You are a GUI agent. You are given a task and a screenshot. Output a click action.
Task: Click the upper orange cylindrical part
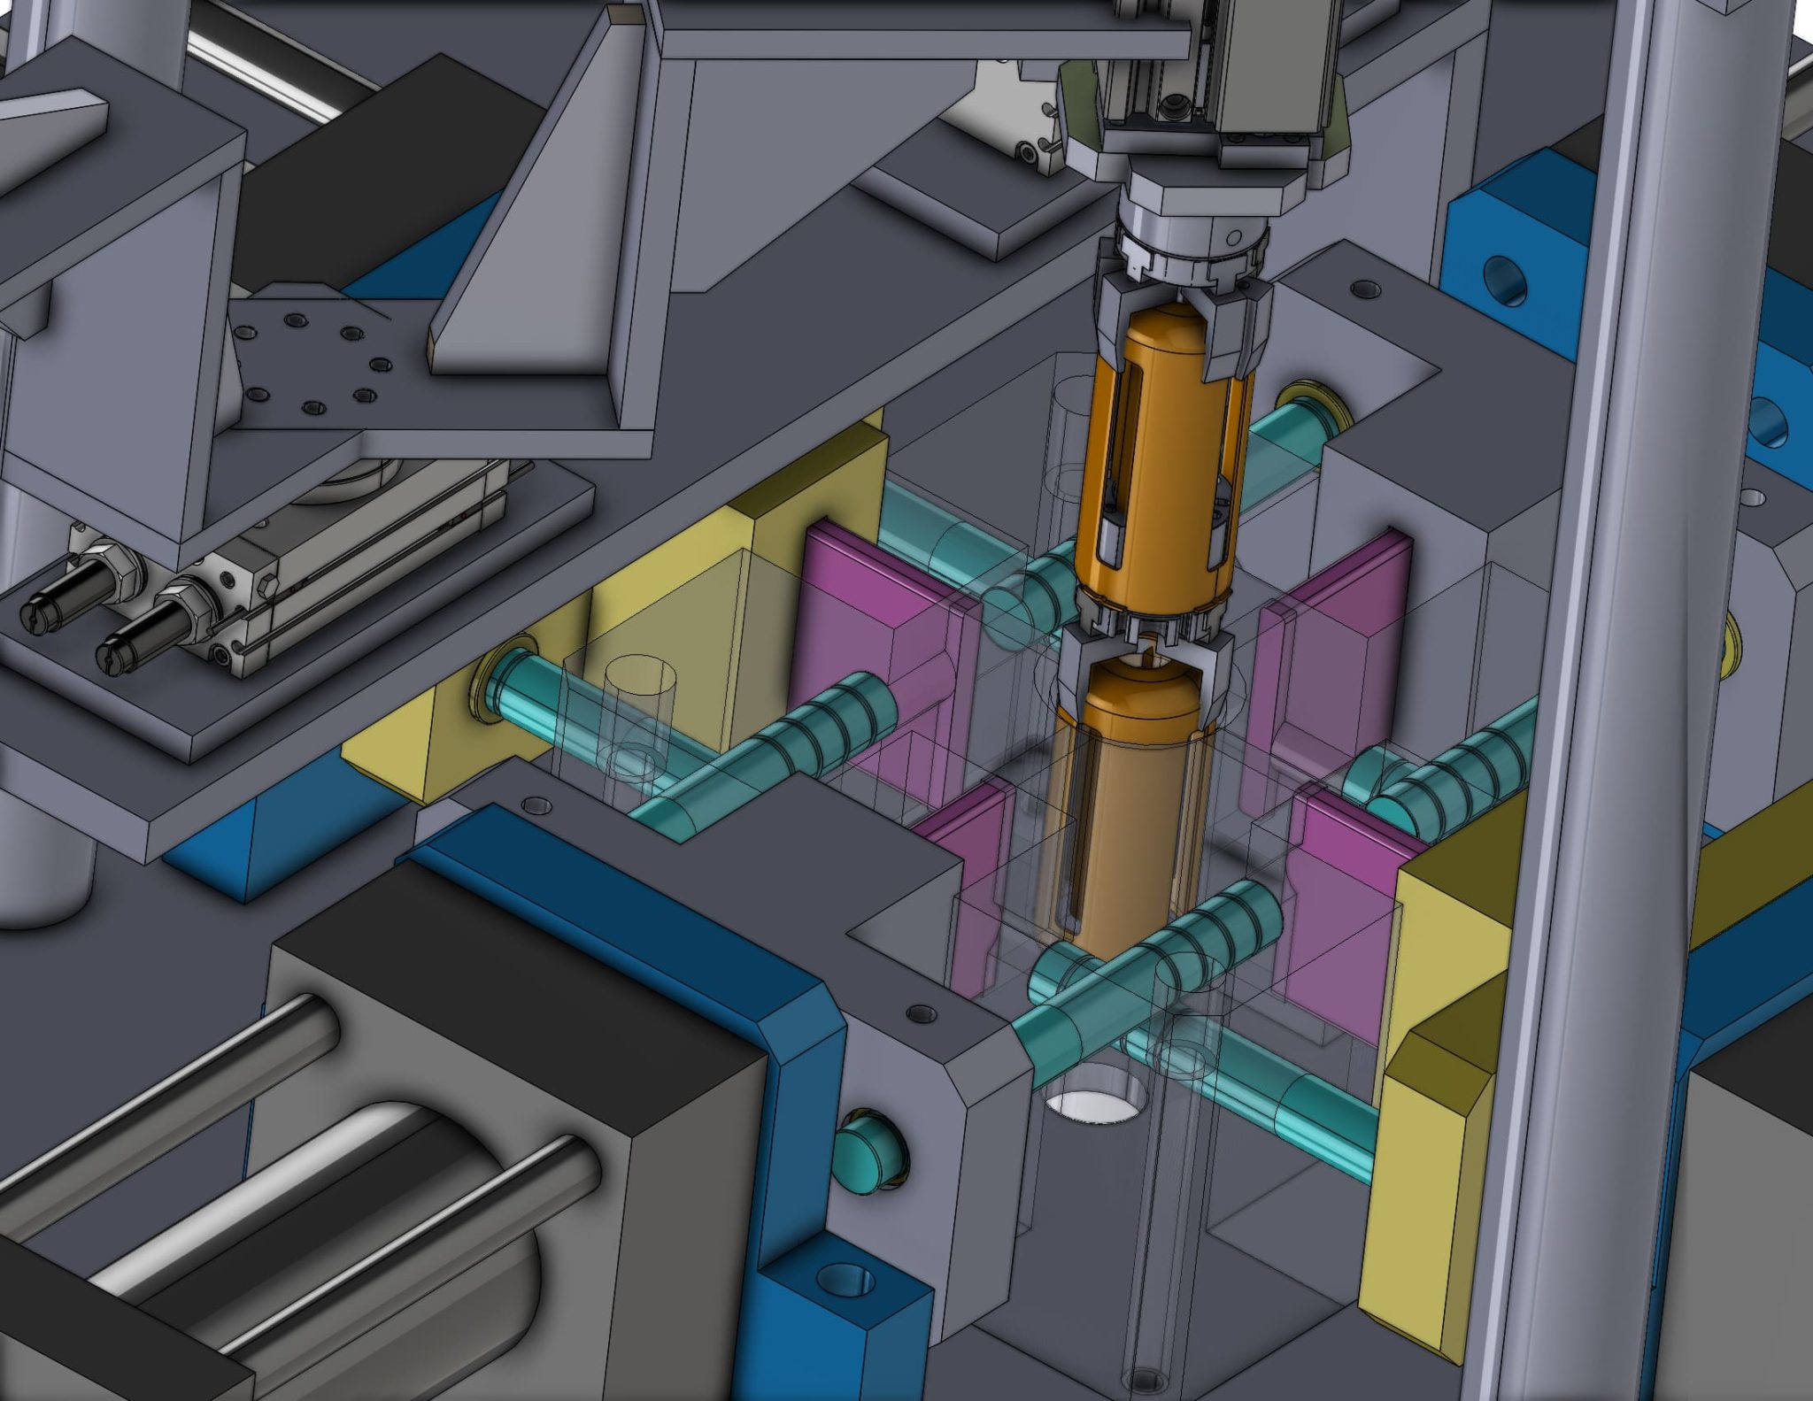[x=1160, y=460]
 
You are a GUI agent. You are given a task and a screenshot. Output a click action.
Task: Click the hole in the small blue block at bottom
[x=845, y=1281]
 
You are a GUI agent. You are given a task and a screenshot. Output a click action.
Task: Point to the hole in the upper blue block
[x=1505, y=281]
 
